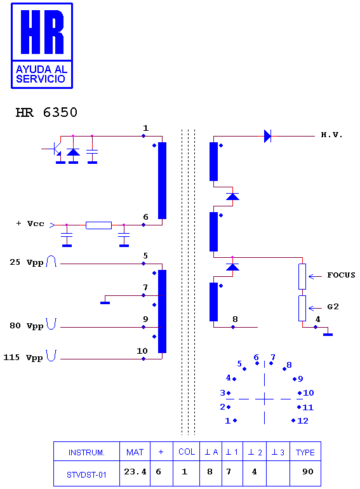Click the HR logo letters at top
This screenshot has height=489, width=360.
pos(42,32)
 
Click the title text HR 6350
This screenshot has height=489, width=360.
pos(46,112)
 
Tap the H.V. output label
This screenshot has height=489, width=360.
pos(331,135)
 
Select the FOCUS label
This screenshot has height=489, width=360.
pos(341,275)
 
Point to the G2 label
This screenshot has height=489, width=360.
pos(333,307)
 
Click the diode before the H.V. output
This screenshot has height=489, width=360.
pos(267,137)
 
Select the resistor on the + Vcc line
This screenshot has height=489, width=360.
pos(98,225)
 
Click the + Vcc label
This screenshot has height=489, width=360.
pos(30,224)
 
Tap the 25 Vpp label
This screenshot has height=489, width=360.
pos(26,262)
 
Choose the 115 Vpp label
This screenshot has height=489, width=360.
pos(23,358)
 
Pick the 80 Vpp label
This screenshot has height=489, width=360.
pos(26,326)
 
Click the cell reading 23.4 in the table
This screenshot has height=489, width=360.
pos(135,472)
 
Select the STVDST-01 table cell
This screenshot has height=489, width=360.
pos(86,474)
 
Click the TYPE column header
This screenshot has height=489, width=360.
pos(305,453)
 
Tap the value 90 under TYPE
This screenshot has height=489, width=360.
pos(308,471)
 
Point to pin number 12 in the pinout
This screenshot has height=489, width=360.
pos(303,420)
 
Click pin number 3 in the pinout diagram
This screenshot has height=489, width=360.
pos(223,393)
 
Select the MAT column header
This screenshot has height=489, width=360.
pos(135,452)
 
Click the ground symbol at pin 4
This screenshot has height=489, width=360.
pos(328,335)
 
